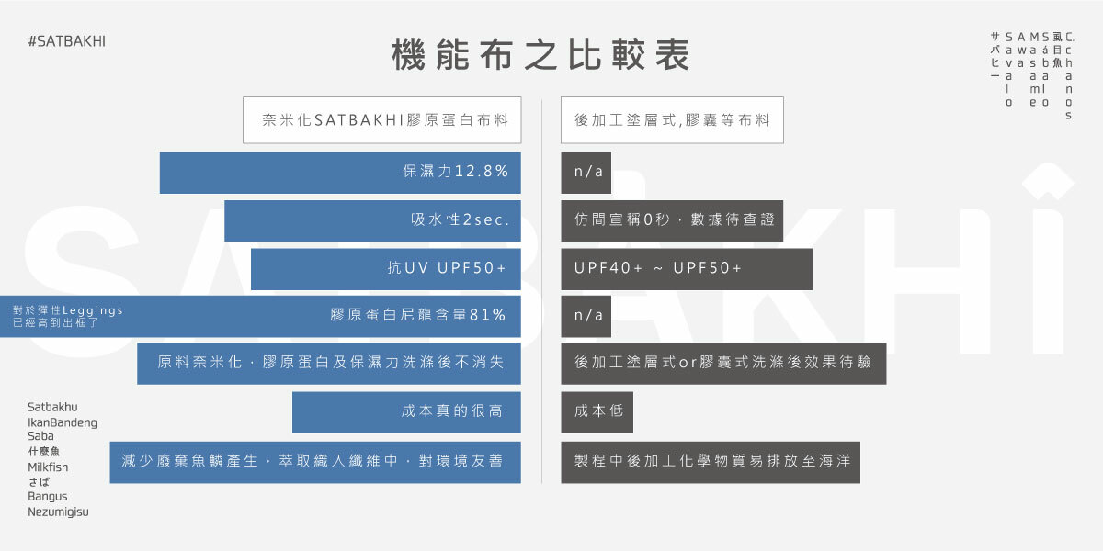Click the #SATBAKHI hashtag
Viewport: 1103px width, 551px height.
67,42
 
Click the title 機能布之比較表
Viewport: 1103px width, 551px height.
540,55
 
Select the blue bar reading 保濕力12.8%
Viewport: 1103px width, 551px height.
340,173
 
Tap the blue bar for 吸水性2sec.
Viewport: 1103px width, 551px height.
372,220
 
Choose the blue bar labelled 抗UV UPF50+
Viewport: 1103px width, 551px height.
386,269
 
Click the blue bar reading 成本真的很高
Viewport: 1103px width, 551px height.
406,411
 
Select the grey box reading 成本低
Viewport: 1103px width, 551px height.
597,411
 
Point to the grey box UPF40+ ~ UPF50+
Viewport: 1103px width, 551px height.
687,269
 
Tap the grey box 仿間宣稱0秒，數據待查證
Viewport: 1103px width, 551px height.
672,220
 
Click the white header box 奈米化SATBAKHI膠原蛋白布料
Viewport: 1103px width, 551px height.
381,120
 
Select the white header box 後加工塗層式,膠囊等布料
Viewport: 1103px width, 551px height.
672,120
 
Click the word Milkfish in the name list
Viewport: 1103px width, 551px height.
48,467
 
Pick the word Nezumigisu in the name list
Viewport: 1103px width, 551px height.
58,512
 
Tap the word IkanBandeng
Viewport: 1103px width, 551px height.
62,422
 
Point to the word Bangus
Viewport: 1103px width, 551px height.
47,497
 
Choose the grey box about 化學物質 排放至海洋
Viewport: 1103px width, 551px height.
711,461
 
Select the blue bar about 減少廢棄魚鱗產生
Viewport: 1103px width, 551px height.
314,461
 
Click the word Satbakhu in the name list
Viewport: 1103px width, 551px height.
52,406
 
